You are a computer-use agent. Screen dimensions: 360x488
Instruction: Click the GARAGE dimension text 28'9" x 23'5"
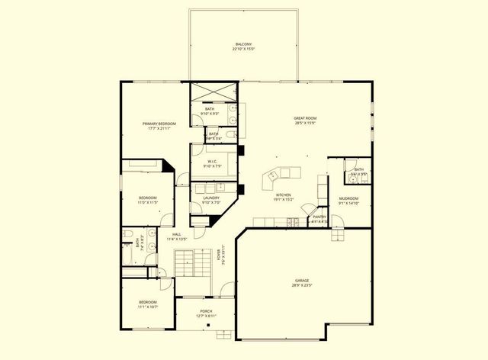(297, 286)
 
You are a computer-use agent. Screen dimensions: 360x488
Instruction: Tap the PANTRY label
(319, 217)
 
